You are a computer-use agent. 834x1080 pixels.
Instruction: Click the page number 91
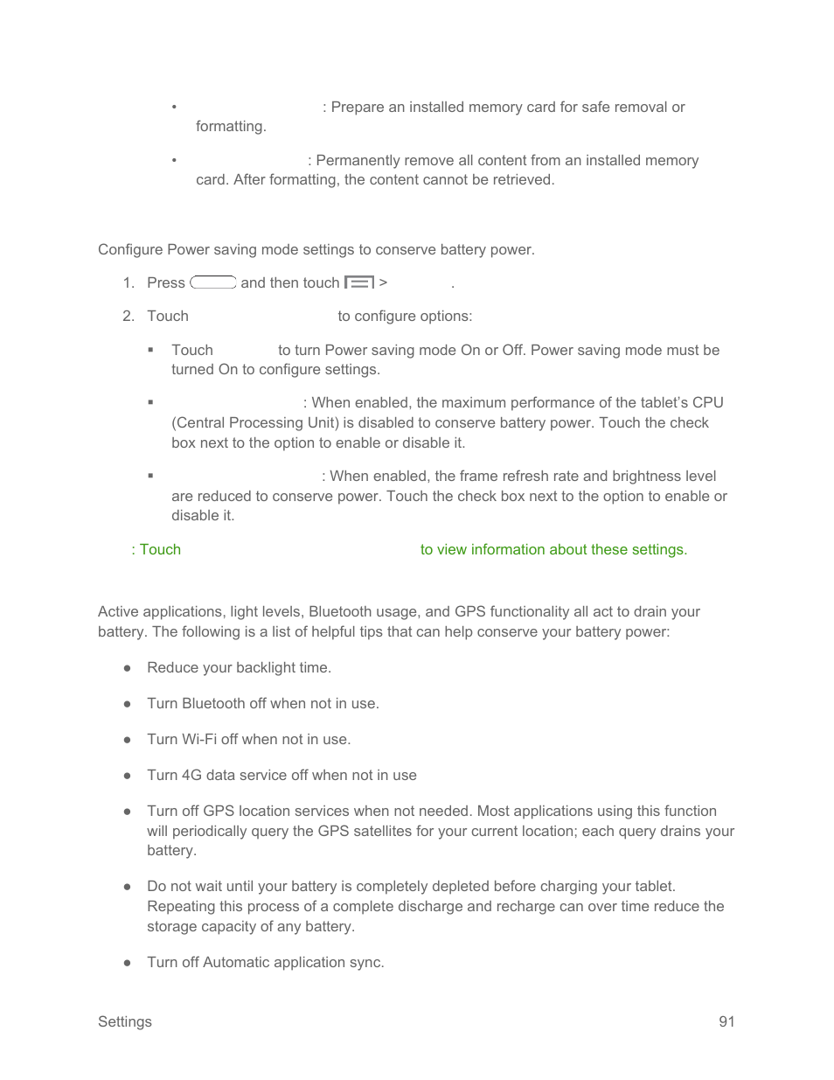(726, 1021)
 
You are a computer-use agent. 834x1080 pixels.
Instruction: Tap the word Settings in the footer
(124, 1021)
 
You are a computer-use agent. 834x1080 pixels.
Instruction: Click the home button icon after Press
(212, 282)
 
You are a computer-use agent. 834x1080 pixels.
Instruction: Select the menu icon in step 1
(358, 282)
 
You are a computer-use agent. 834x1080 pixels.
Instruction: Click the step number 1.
(128, 282)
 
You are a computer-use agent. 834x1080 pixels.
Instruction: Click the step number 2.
(128, 316)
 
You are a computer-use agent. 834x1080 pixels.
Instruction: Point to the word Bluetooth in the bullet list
(213, 703)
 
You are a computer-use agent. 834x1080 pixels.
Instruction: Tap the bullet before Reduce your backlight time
(128, 667)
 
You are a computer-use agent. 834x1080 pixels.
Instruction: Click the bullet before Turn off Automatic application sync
(128, 962)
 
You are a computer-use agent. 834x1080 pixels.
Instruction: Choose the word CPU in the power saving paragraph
(707, 402)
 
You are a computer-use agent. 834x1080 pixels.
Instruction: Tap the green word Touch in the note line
(160, 549)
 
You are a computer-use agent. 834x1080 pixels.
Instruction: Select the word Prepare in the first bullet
(357, 107)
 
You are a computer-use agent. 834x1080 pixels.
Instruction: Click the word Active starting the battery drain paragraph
(118, 611)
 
